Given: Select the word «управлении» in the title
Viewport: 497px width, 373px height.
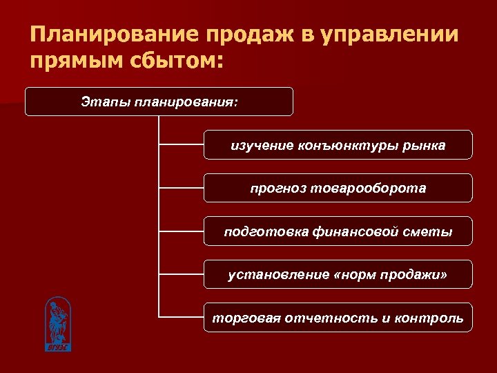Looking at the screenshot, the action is (x=389, y=35).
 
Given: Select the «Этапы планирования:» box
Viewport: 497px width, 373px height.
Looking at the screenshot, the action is (x=159, y=102).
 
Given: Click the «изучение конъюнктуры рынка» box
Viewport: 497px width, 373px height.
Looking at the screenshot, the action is (x=338, y=145).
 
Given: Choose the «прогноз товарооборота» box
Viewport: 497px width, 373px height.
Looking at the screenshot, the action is (x=338, y=188).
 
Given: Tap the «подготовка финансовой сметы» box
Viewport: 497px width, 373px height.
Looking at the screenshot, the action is (x=338, y=231).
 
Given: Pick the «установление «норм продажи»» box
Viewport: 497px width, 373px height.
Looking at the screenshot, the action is (x=338, y=275).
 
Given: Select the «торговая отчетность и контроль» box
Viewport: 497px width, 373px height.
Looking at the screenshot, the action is (x=338, y=318).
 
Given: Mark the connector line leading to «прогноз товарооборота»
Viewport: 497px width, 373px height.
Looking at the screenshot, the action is (x=181, y=188).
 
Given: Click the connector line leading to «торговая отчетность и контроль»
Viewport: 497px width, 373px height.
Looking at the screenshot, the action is (x=181, y=318).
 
